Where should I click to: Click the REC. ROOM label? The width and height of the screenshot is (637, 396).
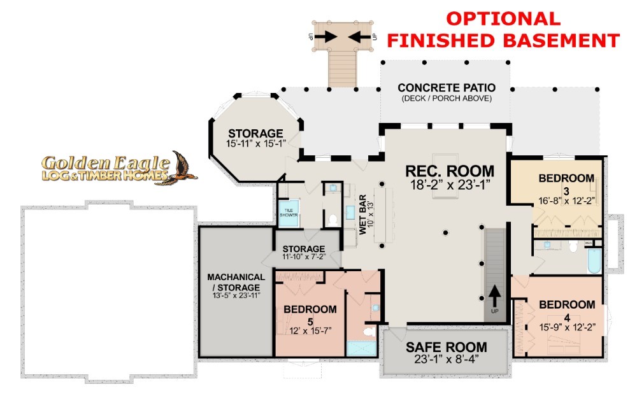450,171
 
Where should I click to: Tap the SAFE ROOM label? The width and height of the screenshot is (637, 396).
447,347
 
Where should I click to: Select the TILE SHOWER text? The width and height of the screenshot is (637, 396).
289,213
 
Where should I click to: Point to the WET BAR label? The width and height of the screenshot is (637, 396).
362,214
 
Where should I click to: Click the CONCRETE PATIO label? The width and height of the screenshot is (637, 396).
447,88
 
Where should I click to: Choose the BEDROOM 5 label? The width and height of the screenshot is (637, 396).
310,315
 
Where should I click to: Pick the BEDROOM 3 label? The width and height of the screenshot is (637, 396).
566,184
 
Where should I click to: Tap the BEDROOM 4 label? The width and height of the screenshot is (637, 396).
567,310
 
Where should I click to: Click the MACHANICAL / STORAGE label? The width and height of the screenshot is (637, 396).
236,282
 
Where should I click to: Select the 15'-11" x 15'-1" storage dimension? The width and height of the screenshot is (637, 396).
256,143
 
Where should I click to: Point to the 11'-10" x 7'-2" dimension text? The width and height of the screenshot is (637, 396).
304,257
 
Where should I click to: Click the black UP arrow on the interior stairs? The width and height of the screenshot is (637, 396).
494,296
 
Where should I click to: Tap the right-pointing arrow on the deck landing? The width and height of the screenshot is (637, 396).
326,36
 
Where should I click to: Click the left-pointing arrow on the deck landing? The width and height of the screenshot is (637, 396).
359,36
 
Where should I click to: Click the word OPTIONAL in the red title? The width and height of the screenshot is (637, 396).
503,18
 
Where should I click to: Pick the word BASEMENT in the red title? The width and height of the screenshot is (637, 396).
561,41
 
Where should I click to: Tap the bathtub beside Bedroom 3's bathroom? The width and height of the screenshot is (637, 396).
594,260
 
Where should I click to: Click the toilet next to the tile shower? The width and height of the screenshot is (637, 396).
333,220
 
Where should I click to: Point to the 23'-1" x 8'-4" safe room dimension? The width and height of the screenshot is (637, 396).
447,359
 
